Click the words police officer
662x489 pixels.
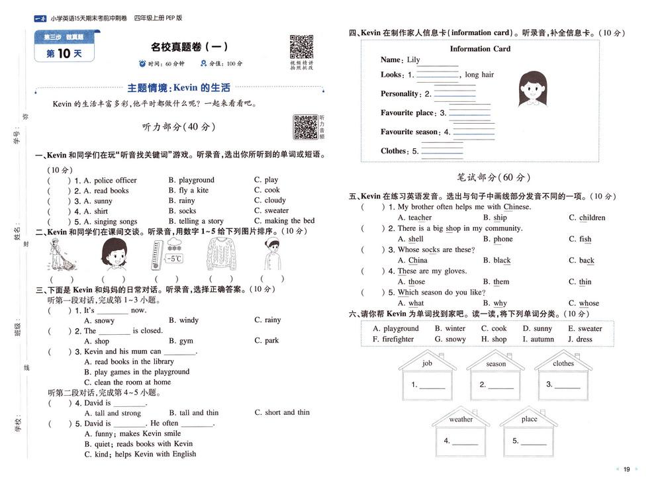(x=115, y=180)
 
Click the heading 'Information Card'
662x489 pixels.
(x=480, y=49)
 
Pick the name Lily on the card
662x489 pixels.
(x=413, y=60)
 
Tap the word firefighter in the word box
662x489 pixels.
(x=398, y=339)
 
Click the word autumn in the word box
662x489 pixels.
(x=542, y=339)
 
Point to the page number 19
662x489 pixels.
(x=626, y=470)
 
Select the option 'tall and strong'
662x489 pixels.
(x=117, y=413)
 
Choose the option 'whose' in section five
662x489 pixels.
(x=589, y=304)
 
